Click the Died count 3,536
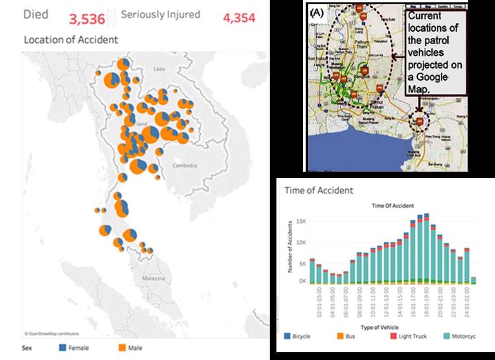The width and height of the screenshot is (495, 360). tap(87, 19)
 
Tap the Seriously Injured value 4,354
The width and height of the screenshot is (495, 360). tap(239, 18)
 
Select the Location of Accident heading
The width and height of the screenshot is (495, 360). tap(71, 40)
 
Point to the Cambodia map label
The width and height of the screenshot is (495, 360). tap(185, 165)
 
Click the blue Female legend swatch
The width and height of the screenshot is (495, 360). tap(62, 348)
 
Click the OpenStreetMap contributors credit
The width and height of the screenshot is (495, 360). tap(52, 334)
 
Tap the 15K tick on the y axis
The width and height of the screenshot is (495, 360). tap(301, 221)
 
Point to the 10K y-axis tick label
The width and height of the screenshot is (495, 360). tap(301, 242)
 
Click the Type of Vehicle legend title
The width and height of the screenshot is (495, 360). tap(380, 326)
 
